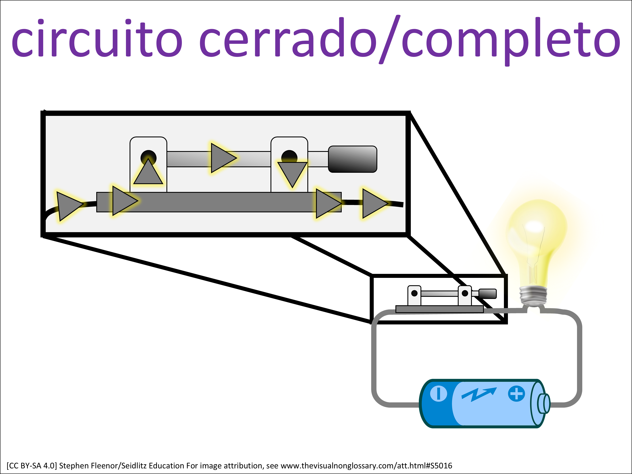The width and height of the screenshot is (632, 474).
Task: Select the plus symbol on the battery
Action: [x=516, y=394]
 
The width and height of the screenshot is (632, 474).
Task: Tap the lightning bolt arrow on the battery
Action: [x=479, y=394]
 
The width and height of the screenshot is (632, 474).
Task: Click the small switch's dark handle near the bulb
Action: [x=488, y=293]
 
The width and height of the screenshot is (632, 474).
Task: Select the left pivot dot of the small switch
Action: [x=414, y=293]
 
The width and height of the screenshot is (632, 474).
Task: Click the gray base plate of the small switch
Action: [x=439, y=309]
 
